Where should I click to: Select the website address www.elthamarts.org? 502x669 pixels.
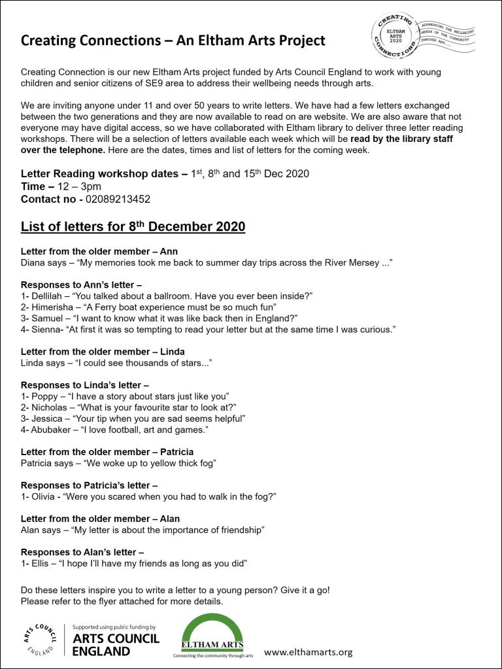point(309,651)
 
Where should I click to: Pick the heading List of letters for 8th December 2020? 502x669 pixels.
point(133,227)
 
